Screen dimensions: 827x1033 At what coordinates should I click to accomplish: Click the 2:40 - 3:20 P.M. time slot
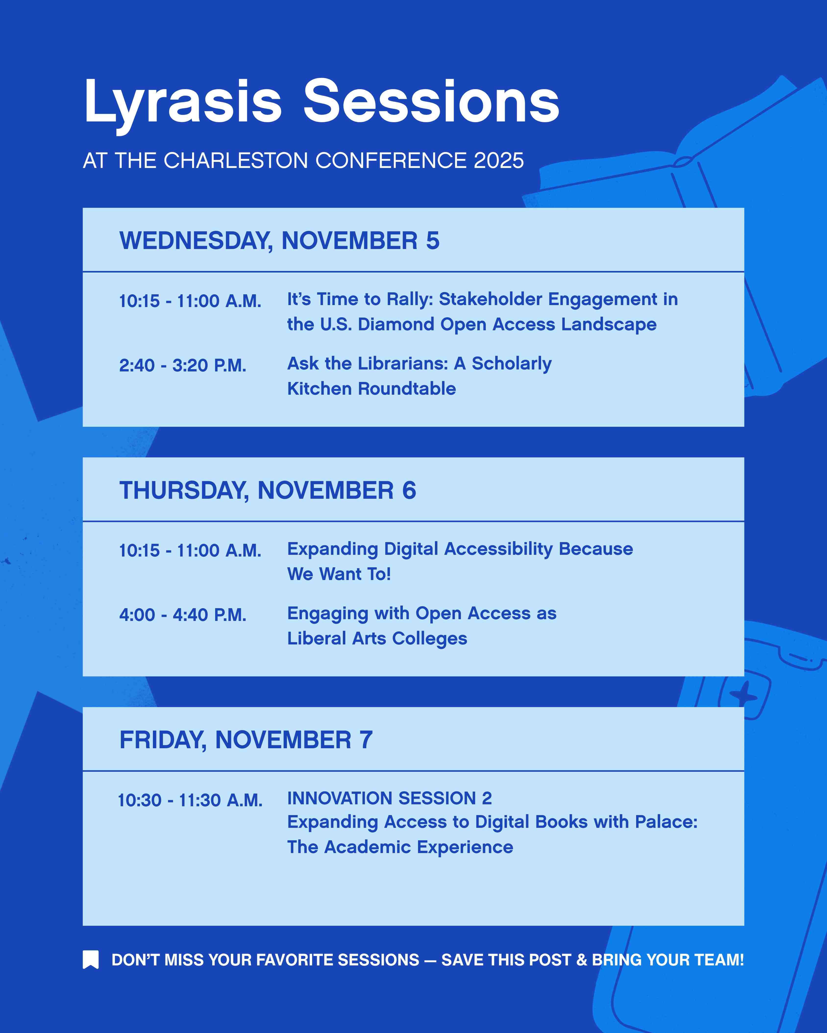(x=183, y=366)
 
